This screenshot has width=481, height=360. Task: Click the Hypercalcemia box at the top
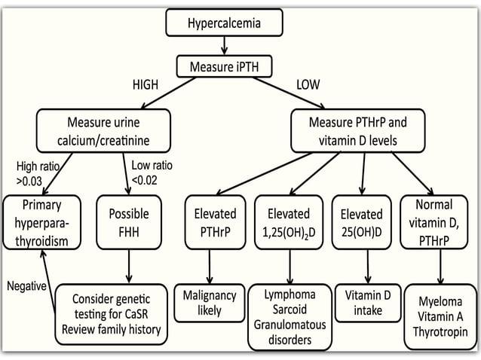click(224, 23)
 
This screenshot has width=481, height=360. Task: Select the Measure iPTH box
click(223, 66)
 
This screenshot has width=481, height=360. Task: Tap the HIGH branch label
click(145, 85)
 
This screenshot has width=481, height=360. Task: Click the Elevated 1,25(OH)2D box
click(290, 224)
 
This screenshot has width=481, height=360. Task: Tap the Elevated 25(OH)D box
click(361, 224)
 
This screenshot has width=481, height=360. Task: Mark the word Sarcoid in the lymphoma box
click(290, 310)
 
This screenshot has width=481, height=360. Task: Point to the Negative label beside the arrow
click(27, 286)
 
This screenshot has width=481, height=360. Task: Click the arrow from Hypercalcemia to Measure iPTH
click(224, 47)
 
